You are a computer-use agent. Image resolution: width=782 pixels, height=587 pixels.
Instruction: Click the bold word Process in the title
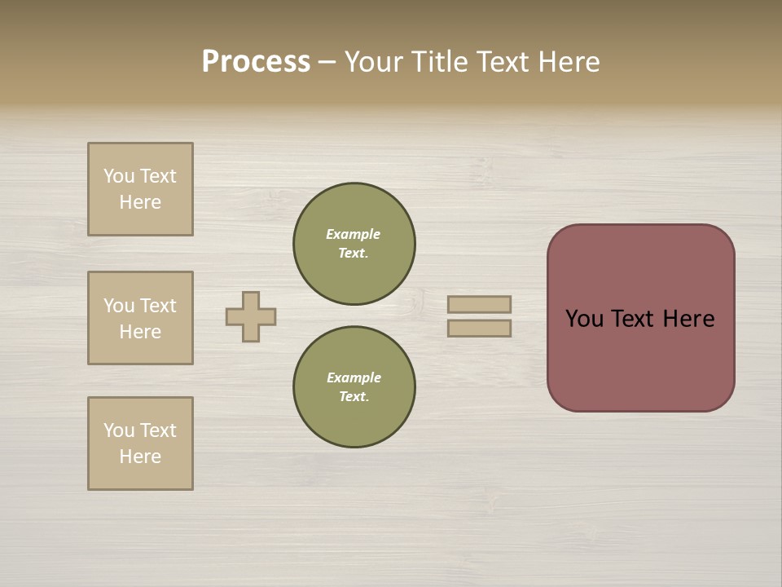coord(256,62)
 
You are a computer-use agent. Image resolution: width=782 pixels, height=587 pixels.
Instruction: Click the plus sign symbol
coord(251,316)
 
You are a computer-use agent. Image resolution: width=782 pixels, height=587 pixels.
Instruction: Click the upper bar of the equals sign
coord(479,304)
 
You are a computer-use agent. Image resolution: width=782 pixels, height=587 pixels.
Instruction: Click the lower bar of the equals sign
coord(479,328)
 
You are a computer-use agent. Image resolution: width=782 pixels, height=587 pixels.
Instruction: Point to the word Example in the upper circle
coord(354,234)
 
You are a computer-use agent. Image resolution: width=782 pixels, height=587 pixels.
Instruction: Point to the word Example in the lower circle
coord(354,377)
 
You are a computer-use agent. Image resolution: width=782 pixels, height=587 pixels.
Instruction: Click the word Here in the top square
coord(140,202)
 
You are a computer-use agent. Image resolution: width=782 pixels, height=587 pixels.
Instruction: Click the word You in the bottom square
coord(119,430)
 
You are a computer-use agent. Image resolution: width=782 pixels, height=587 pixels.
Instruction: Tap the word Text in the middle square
coord(158,306)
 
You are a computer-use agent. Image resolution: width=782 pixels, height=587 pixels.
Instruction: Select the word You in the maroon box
coord(584,319)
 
